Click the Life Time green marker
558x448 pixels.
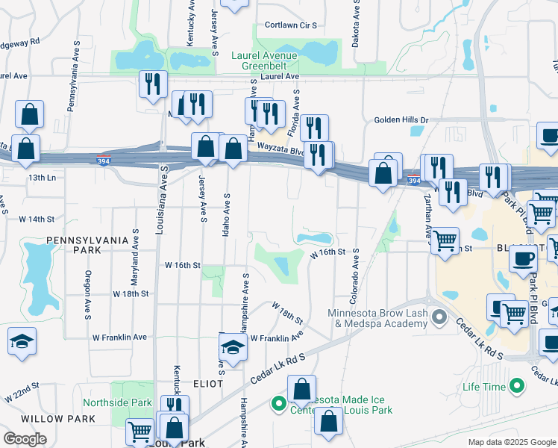coord(515,386)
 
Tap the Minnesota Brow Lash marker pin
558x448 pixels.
coord(439,319)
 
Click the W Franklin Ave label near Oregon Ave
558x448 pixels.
coord(119,337)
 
